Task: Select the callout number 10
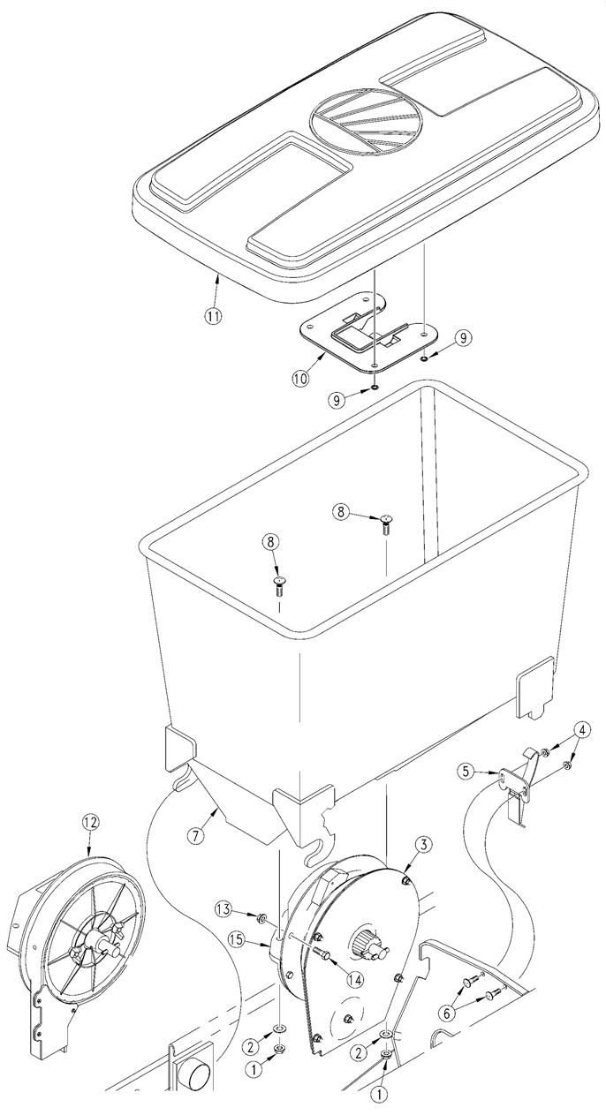[300, 378]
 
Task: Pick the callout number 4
[583, 730]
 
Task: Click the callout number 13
[223, 910]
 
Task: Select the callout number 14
[355, 979]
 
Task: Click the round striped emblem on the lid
[366, 121]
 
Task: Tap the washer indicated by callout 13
[261, 917]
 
